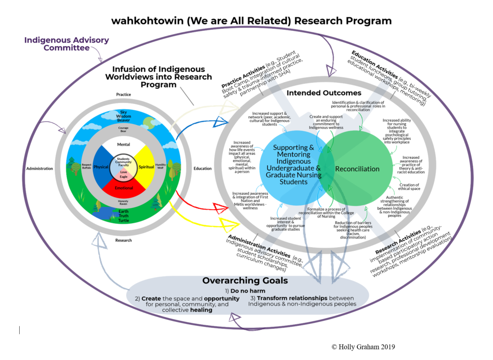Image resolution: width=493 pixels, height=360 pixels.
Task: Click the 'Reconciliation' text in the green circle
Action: [358, 169]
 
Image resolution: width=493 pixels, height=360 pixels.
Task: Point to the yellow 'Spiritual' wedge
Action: [146, 167]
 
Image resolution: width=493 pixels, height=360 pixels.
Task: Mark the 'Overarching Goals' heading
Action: [245, 280]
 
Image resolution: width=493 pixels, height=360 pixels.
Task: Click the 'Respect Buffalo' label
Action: [87, 166]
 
